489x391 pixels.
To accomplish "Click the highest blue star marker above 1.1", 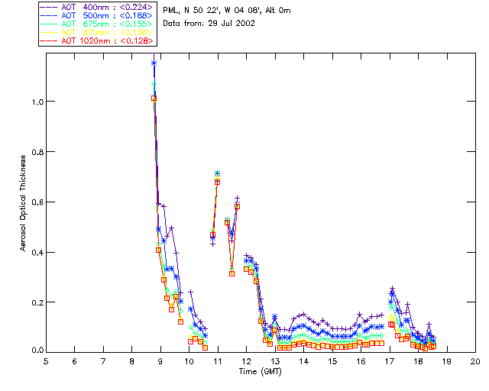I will point(154,63).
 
